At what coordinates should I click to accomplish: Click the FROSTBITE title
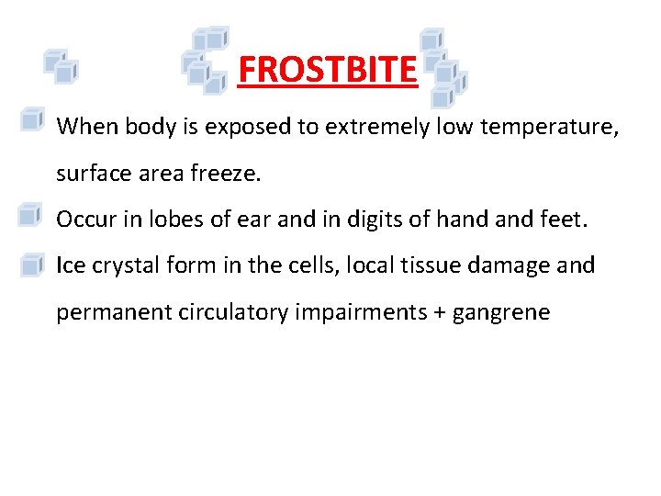tap(327, 69)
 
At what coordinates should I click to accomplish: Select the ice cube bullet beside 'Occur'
tap(31, 216)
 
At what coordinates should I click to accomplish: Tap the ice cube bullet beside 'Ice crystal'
tap(31, 265)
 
